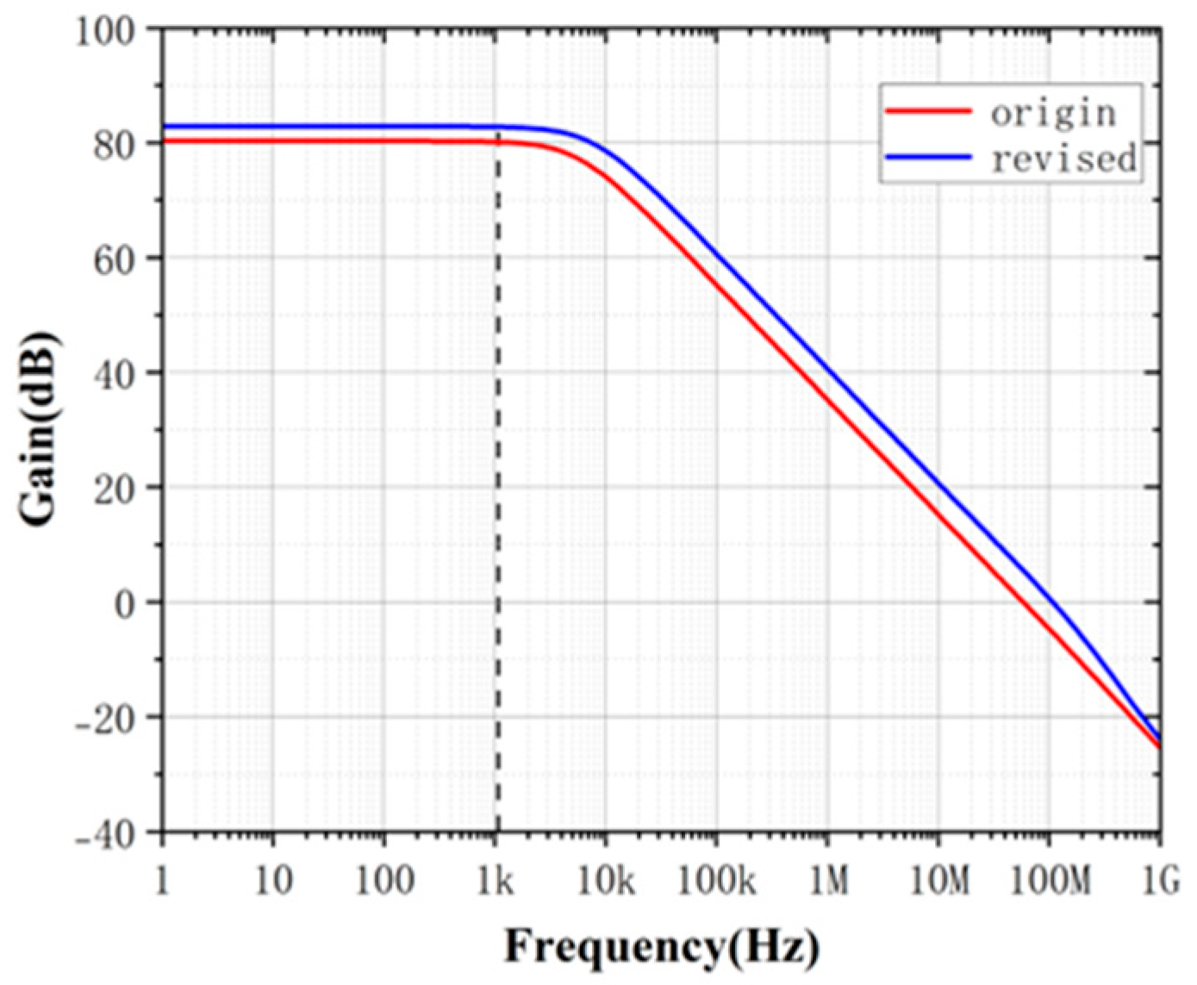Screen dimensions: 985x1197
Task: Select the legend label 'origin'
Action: tap(1052, 113)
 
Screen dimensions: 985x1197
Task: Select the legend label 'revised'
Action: tap(1063, 159)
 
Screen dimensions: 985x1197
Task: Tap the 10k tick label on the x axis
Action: tap(606, 882)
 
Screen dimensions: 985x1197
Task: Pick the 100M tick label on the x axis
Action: tap(1050, 882)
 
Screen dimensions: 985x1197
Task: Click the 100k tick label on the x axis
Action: tap(717, 882)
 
